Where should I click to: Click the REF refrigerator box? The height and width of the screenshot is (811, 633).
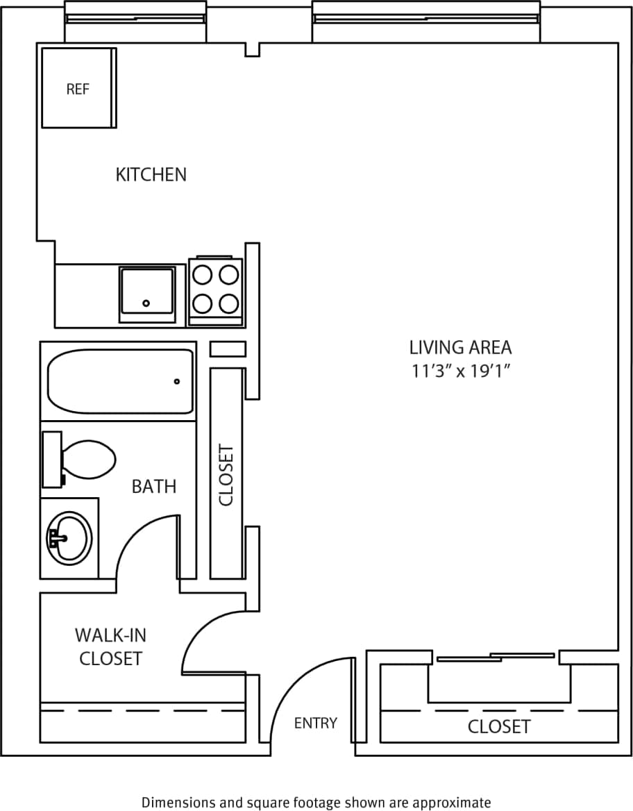78,88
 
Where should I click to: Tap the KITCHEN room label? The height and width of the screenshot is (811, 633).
151,174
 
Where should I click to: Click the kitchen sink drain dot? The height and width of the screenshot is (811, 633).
146,303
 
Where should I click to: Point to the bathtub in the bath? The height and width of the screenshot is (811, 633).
120,381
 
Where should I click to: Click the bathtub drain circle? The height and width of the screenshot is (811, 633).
177,381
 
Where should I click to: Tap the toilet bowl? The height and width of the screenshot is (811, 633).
89,459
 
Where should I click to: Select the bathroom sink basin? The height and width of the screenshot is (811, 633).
69,538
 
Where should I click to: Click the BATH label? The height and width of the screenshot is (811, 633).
154,487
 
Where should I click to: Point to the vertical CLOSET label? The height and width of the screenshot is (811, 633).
227,474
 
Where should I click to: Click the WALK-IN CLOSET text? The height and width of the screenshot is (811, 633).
110,646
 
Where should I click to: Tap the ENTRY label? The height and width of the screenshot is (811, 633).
316,723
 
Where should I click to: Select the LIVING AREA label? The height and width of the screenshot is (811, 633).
460,346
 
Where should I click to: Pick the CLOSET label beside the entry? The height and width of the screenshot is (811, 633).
499,727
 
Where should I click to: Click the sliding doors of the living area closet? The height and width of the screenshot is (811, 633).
497,656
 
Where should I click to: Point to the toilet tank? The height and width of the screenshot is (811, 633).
52,459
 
